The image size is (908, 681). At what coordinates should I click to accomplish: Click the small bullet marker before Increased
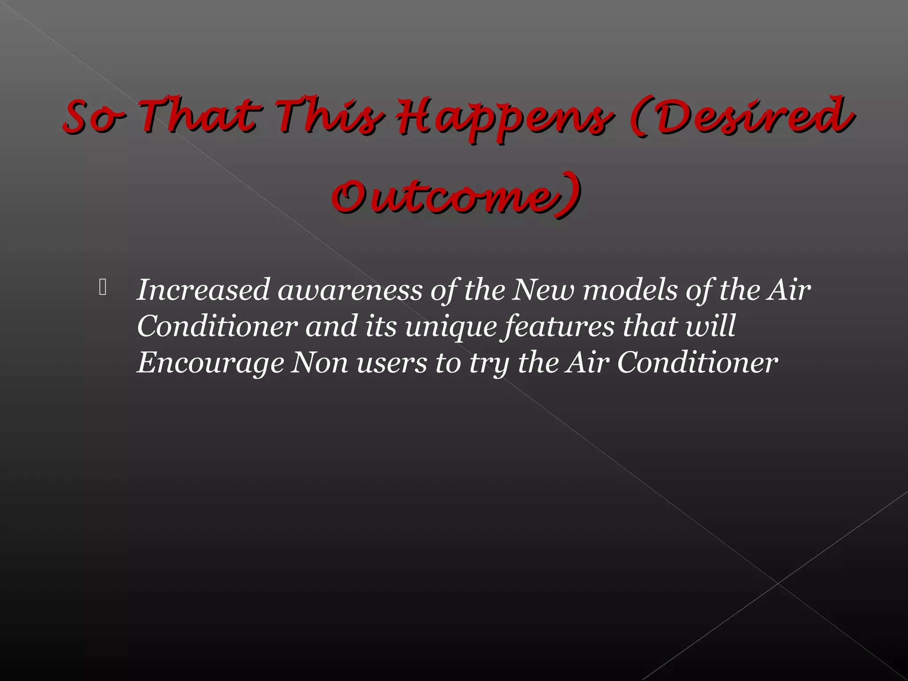pyautogui.click(x=103, y=288)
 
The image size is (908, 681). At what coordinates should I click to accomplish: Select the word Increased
pyautogui.click(x=203, y=290)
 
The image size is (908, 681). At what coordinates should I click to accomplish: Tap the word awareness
pyautogui.click(x=350, y=291)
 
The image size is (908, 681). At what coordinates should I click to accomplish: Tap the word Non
pyautogui.click(x=319, y=363)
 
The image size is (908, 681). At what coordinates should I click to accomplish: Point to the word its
pyautogui.click(x=381, y=326)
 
